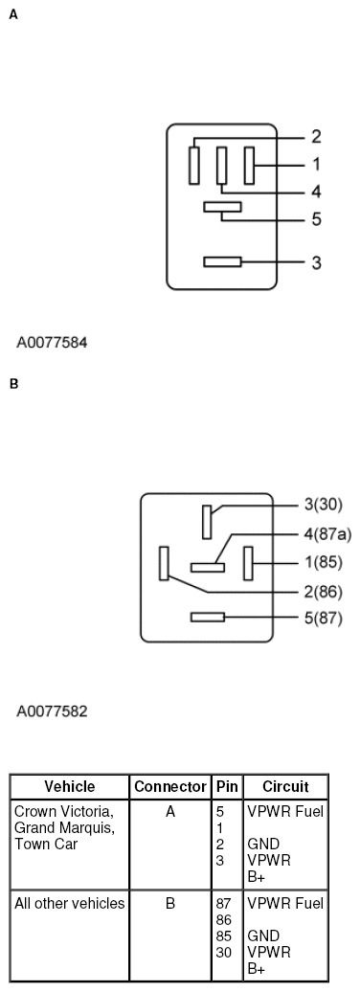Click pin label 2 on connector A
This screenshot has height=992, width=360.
coord(315,136)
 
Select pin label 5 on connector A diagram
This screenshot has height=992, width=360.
coord(315,219)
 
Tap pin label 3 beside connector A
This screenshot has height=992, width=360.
coord(315,261)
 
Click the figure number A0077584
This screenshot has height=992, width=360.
coord(54,341)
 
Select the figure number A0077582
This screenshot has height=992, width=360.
coord(54,711)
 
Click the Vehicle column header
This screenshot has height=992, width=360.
coord(70,787)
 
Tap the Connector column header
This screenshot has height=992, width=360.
coord(170,787)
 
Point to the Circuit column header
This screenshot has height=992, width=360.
coord(286,787)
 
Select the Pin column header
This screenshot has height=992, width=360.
coord(227,787)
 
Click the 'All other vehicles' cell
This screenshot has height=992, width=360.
coord(70,903)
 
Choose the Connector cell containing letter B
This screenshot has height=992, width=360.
coord(170,903)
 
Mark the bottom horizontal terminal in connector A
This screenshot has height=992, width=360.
coord(222,261)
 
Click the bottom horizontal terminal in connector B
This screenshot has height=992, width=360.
coord(208,618)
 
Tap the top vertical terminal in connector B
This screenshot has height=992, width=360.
coord(206,522)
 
